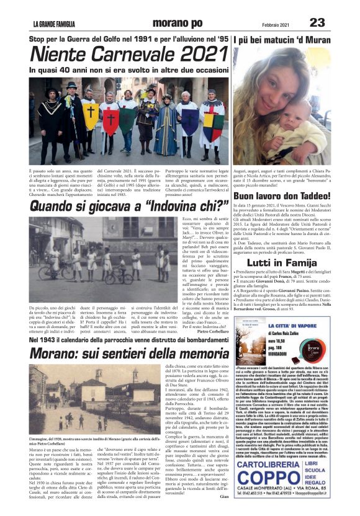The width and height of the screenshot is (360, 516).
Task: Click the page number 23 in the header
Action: click(317, 22)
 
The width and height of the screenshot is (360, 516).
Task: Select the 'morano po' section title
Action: click(160, 24)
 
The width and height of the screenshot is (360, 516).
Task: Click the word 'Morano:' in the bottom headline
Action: click(60, 354)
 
